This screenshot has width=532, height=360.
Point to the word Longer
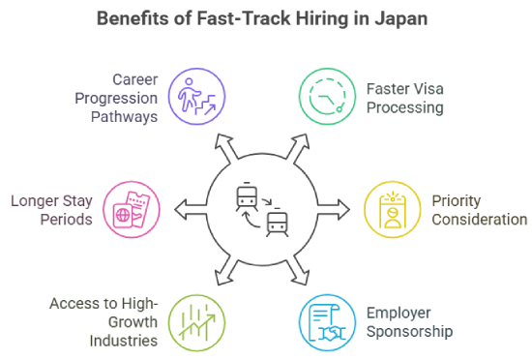(40, 200)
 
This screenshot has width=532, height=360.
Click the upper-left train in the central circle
(246, 197)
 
